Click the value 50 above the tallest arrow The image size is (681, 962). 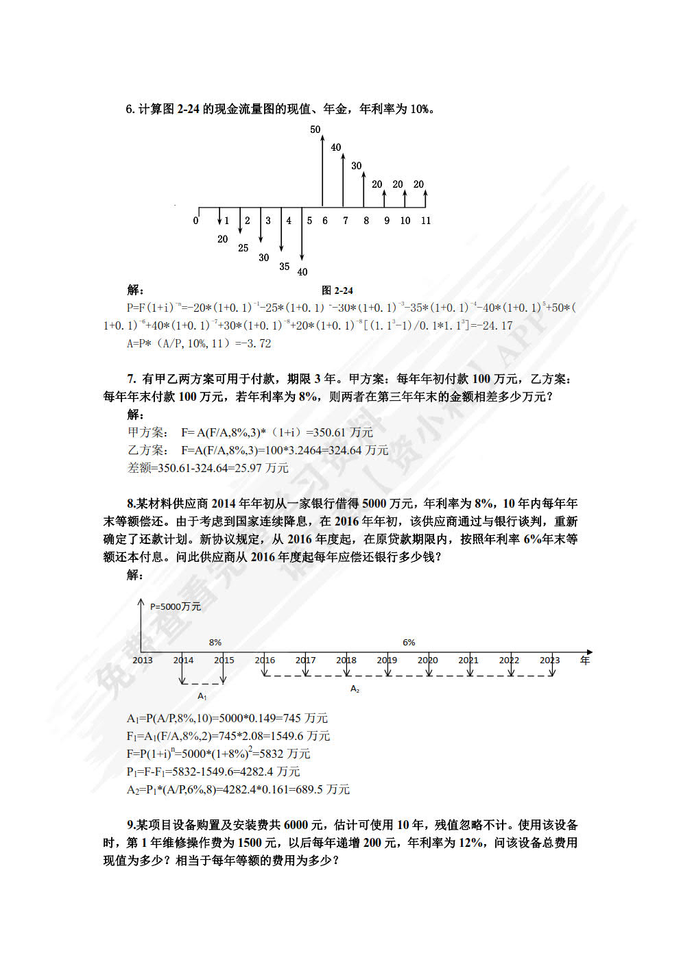click(315, 129)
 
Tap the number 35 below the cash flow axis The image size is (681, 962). click(284, 267)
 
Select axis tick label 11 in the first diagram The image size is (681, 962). click(426, 221)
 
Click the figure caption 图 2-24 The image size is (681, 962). click(337, 291)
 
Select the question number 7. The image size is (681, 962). click(131, 378)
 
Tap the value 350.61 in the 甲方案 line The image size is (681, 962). click(329, 432)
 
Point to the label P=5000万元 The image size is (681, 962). click(176, 606)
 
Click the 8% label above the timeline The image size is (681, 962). click(215, 642)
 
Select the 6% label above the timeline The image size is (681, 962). click(409, 642)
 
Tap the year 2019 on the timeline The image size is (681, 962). click(387, 660)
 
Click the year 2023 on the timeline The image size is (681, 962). click(549, 660)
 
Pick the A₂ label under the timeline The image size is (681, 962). click(355, 689)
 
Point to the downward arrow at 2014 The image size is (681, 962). click(182, 671)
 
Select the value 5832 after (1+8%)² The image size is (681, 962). click(272, 754)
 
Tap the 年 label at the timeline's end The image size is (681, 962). click(584, 660)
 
